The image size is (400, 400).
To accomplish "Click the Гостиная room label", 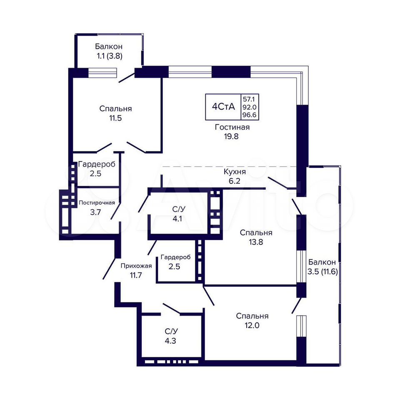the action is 232,127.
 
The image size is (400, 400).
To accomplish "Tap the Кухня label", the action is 235,172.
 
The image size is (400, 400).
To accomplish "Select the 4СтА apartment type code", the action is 223,107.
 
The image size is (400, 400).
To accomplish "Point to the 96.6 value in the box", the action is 250,115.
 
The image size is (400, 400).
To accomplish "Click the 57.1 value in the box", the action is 248,99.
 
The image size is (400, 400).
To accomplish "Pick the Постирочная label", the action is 97,203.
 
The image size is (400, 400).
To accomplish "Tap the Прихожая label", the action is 136,266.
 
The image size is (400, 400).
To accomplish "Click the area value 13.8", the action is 256,242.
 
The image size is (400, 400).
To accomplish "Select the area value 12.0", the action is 252,325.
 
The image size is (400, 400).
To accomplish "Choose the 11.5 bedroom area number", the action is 115,118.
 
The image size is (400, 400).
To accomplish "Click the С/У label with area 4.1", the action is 179,210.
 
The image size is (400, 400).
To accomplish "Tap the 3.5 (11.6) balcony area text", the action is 322,272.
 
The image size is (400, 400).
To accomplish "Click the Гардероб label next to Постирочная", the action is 97,164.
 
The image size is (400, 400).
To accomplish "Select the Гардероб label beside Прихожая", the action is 176,257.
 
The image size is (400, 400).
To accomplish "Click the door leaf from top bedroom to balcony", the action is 127,77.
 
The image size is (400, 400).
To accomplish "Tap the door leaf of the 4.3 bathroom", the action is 171,309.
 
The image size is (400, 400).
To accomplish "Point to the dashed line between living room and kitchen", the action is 229,167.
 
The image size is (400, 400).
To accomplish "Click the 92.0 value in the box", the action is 250,107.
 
